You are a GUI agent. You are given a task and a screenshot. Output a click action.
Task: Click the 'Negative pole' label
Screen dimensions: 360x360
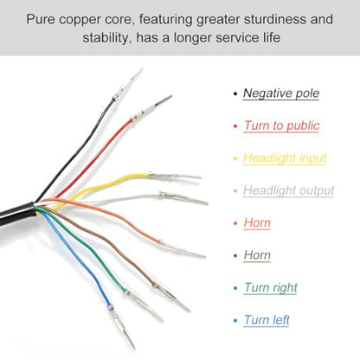pos(281,93)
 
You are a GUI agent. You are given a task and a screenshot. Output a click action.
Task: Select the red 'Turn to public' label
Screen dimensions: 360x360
pos(281,125)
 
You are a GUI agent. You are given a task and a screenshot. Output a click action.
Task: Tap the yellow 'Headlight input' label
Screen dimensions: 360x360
pos(285,158)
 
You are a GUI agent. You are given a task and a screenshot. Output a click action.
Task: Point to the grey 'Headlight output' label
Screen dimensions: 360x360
pos(288,190)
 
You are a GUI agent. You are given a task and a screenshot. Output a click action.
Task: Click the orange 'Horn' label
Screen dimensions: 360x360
pos(257,223)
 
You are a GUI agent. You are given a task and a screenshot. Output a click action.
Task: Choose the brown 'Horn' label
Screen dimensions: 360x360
pos(257,255)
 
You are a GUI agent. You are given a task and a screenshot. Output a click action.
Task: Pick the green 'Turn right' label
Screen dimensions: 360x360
pos(271,287)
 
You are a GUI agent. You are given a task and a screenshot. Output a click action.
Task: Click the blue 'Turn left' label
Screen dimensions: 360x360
pos(267,320)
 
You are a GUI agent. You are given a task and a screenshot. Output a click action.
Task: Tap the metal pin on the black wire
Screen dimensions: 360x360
pos(127,84)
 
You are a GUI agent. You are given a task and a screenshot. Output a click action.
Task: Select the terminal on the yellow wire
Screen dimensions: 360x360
pos(174,176)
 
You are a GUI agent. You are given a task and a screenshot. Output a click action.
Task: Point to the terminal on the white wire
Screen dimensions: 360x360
pos(183,198)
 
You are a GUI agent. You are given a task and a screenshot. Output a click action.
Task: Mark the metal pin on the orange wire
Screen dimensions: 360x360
pos(182,249)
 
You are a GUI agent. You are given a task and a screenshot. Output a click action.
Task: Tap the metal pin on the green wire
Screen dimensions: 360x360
pos(144,305)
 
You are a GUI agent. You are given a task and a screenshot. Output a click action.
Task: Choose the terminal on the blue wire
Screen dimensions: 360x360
pos(121,327)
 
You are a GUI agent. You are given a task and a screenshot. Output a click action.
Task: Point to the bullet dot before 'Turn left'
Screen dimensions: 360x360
pos(235,320)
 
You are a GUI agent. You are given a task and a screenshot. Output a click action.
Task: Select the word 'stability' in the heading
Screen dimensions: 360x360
pos(106,38)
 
